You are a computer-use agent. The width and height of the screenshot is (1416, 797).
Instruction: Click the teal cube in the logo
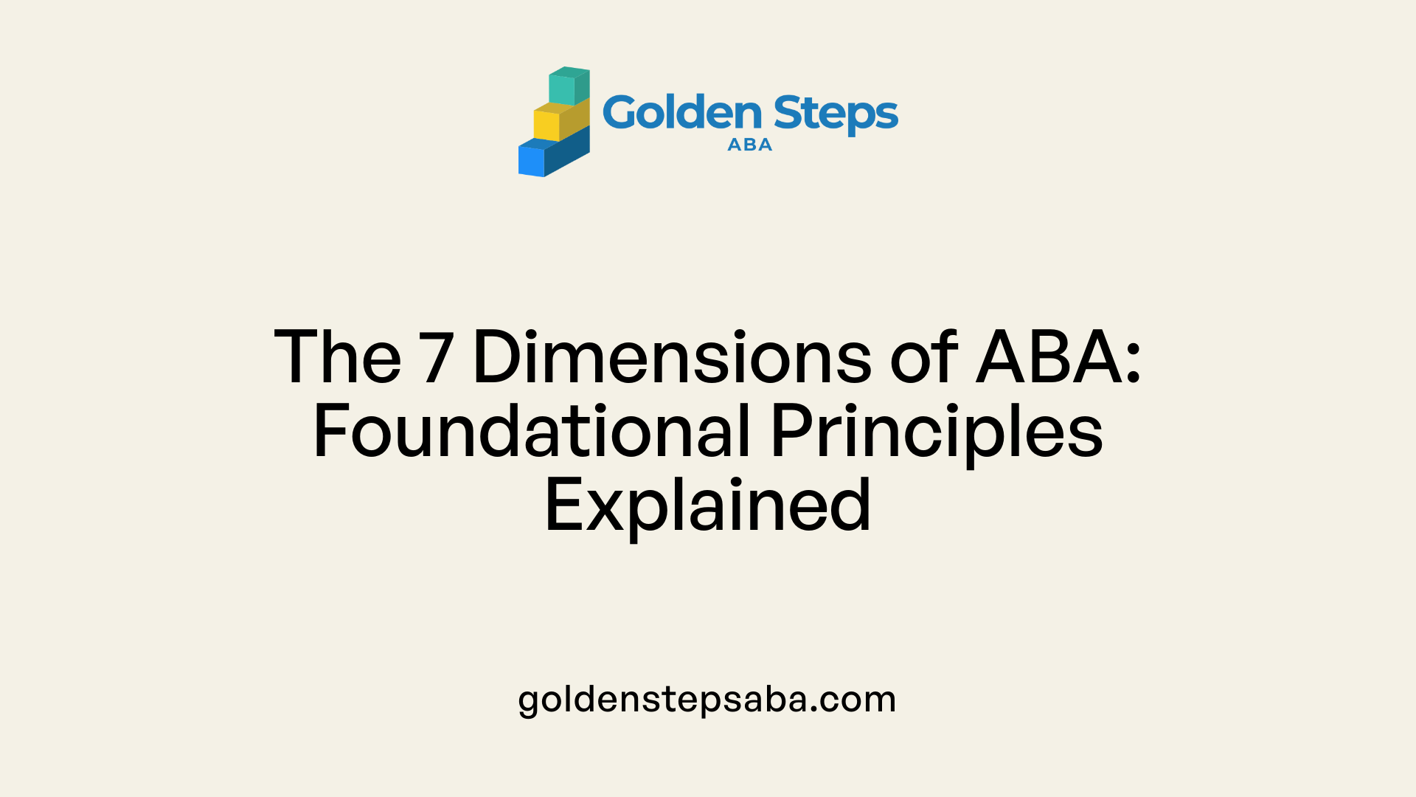point(569,86)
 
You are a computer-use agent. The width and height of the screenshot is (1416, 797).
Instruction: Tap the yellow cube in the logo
point(561,120)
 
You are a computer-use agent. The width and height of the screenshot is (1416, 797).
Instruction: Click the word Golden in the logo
point(682,113)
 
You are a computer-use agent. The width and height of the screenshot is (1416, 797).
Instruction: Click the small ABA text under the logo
point(750,145)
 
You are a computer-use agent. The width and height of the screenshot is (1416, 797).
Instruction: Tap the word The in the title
point(338,357)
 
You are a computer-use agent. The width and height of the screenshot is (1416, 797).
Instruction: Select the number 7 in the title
point(436,358)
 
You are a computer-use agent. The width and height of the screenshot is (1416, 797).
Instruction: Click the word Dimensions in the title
point(672,357)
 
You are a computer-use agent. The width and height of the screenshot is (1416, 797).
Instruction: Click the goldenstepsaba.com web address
point(707,700)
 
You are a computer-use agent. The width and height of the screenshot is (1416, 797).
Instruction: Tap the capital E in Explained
point(563,505)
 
